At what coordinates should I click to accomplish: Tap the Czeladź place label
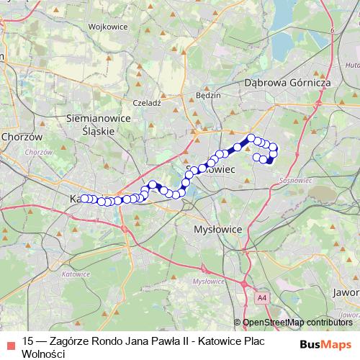[x=147, y=103]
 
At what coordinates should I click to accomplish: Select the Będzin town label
[x=209, y=94]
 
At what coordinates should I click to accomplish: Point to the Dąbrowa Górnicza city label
[x=287, y=83]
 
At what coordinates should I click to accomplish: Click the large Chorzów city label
[x=23, y=136]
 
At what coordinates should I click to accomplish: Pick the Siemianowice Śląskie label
[x=97, y=123]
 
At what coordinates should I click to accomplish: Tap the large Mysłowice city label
[x=219, y=229]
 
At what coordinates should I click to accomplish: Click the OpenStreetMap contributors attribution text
[x=297, y=322]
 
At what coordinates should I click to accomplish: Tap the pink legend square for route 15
[x=9, y=342]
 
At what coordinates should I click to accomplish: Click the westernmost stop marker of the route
[x=84, y=198]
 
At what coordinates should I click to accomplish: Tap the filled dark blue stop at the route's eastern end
[x=269, y=160]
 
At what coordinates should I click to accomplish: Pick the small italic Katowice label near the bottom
[x=76, y=274]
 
